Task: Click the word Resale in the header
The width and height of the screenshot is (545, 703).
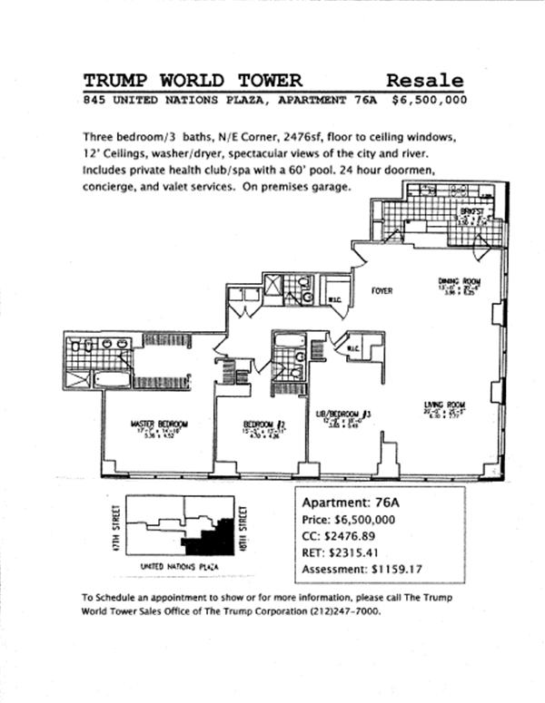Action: (x=424, y=80)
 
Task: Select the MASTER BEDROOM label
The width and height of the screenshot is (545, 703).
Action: (x=160, y=424)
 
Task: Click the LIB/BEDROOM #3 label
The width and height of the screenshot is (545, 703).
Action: (x=343, y=413)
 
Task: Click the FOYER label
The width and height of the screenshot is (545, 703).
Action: (x=381, y=291)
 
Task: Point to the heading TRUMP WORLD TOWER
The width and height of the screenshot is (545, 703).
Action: (x=193, y=80)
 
